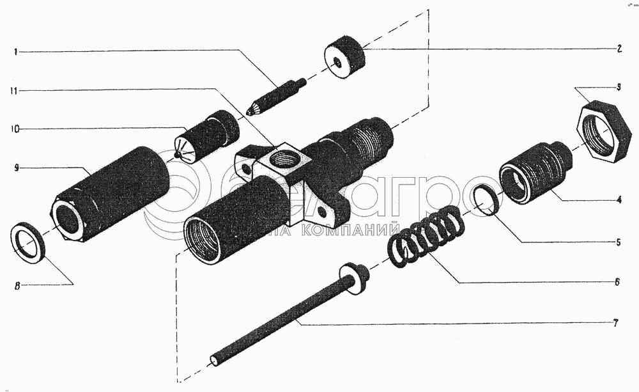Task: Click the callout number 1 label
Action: [14, 51]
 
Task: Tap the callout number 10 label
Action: [14, 129]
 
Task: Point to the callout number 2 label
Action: [619, 49]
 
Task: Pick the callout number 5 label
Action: [619, 243]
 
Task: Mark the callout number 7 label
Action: [615, 324]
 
